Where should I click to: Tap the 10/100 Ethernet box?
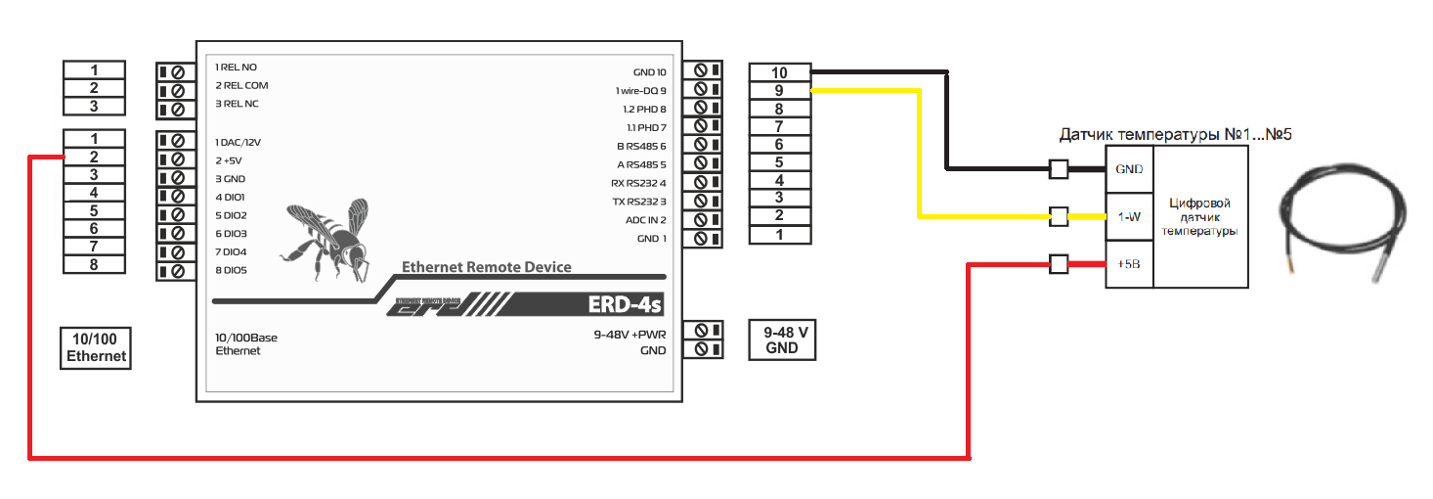96,347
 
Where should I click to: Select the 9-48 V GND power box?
782,340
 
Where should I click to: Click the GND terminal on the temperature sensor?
1129,169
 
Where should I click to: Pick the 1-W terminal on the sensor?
1129,217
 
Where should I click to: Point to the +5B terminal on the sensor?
1129,264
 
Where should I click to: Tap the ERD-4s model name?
625,305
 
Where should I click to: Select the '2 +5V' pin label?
231,160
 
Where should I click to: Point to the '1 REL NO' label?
236,68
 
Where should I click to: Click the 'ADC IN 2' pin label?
645,220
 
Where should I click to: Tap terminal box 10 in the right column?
779,72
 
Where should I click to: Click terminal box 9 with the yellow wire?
779,90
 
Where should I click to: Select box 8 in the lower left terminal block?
94,264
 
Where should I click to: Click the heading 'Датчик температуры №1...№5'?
1175,133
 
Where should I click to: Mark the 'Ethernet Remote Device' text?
487,267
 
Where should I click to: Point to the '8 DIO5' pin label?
231,271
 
